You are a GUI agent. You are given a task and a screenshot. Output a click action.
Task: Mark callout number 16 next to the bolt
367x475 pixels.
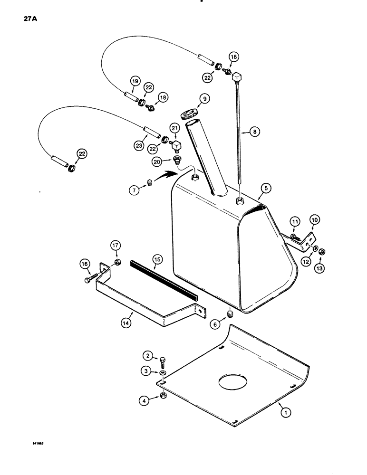[x=85, y=264]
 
